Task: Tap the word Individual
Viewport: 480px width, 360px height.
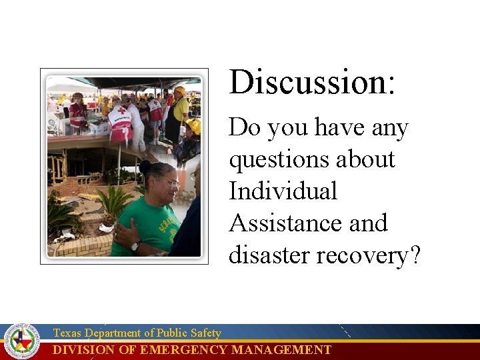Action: coord(283,191)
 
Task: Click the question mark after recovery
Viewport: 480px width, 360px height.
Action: coord(414,255)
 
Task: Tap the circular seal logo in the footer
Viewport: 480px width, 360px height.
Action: coord(22,341)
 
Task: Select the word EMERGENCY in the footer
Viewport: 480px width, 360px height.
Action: coord(184,350)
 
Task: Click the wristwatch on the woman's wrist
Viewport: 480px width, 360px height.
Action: coord(135,245)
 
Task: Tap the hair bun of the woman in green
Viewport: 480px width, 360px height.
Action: coord(145,167)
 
